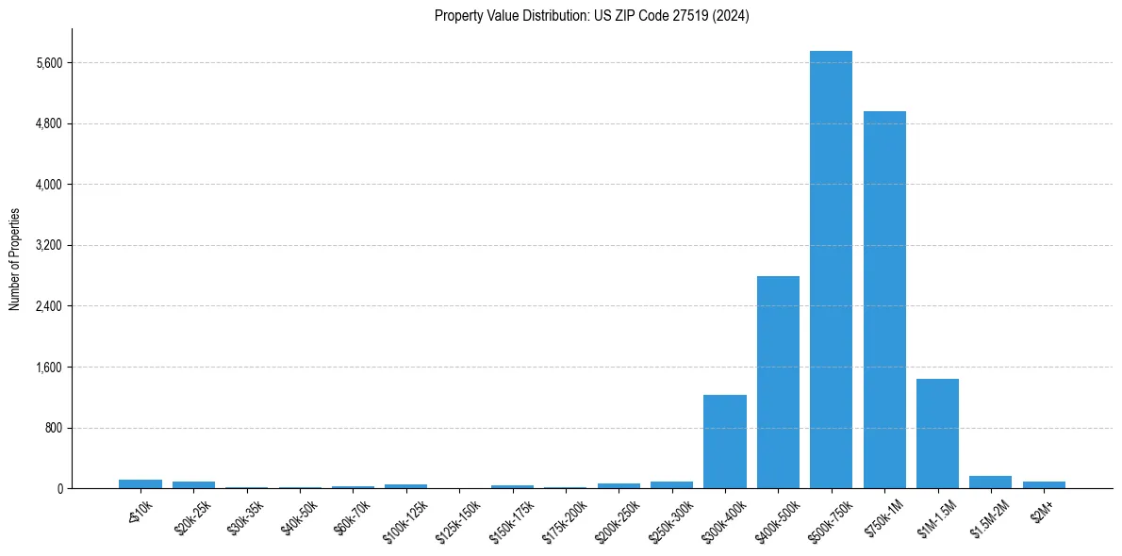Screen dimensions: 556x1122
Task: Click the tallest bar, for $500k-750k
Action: tap(831, 270)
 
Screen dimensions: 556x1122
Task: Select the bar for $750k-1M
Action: tap(884, 300)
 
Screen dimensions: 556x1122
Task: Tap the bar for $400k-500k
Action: tap(778, 382)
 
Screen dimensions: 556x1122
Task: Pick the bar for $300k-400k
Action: tap(725, 441)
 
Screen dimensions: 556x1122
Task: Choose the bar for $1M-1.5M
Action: tap(937, 433)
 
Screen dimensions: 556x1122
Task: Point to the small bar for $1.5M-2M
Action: tap(990, 482)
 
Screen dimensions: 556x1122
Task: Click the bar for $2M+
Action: tap(1044, 484)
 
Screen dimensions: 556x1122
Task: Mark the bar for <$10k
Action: tap(140, 483)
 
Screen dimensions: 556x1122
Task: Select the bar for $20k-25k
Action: tap(193, 484)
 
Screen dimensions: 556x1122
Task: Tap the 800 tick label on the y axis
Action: tap(54, 428)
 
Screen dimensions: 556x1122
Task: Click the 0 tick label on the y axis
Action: tap(58, 488)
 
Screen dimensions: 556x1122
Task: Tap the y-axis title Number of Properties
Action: tap(14, 259)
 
